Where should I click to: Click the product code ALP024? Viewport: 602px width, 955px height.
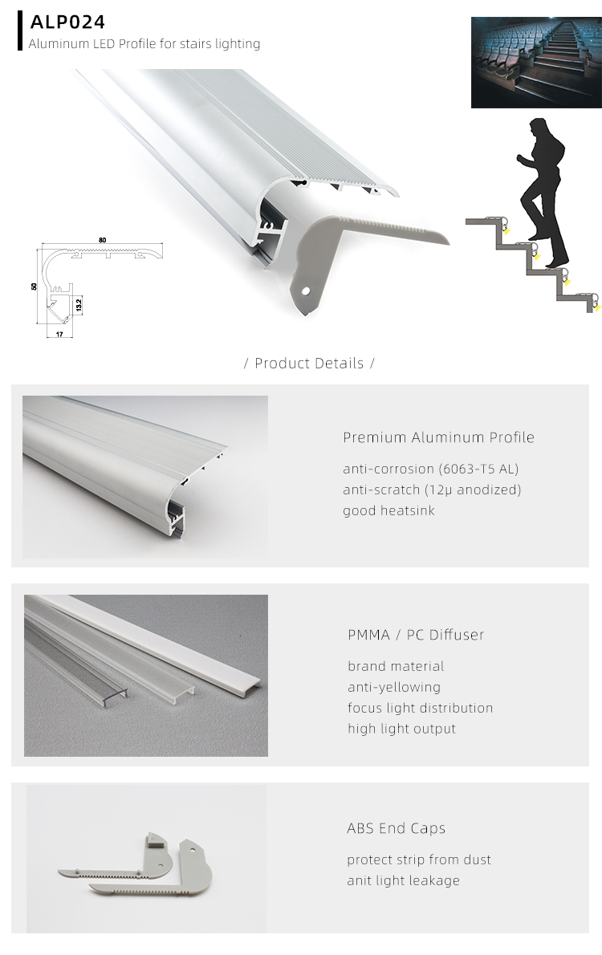click(67, 22)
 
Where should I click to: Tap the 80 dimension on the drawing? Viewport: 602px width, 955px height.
click(103, 240)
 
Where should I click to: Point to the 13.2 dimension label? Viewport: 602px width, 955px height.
click(79, 305)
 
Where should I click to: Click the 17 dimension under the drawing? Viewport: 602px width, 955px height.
click(59, 333)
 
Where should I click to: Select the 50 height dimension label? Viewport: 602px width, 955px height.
click(35, 286)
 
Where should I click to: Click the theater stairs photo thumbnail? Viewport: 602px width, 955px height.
click(535, 63)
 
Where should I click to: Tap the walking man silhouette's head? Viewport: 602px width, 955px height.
click(537, 129)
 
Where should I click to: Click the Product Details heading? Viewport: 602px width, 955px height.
click(309, 364)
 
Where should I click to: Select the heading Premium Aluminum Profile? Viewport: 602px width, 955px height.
click(438, 437)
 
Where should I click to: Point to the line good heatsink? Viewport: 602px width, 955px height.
click(388, 510)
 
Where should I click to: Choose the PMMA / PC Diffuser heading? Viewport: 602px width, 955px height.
click(416, 635)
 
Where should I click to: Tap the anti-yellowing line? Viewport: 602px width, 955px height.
click(394, 687)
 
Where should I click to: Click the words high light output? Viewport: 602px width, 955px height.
click(401, 729)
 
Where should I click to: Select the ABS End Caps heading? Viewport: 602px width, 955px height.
click(396, 828)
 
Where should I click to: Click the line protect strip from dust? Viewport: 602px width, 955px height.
click(419, 859)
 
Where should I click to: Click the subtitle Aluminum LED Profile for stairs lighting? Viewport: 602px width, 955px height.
click(144, 43)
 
